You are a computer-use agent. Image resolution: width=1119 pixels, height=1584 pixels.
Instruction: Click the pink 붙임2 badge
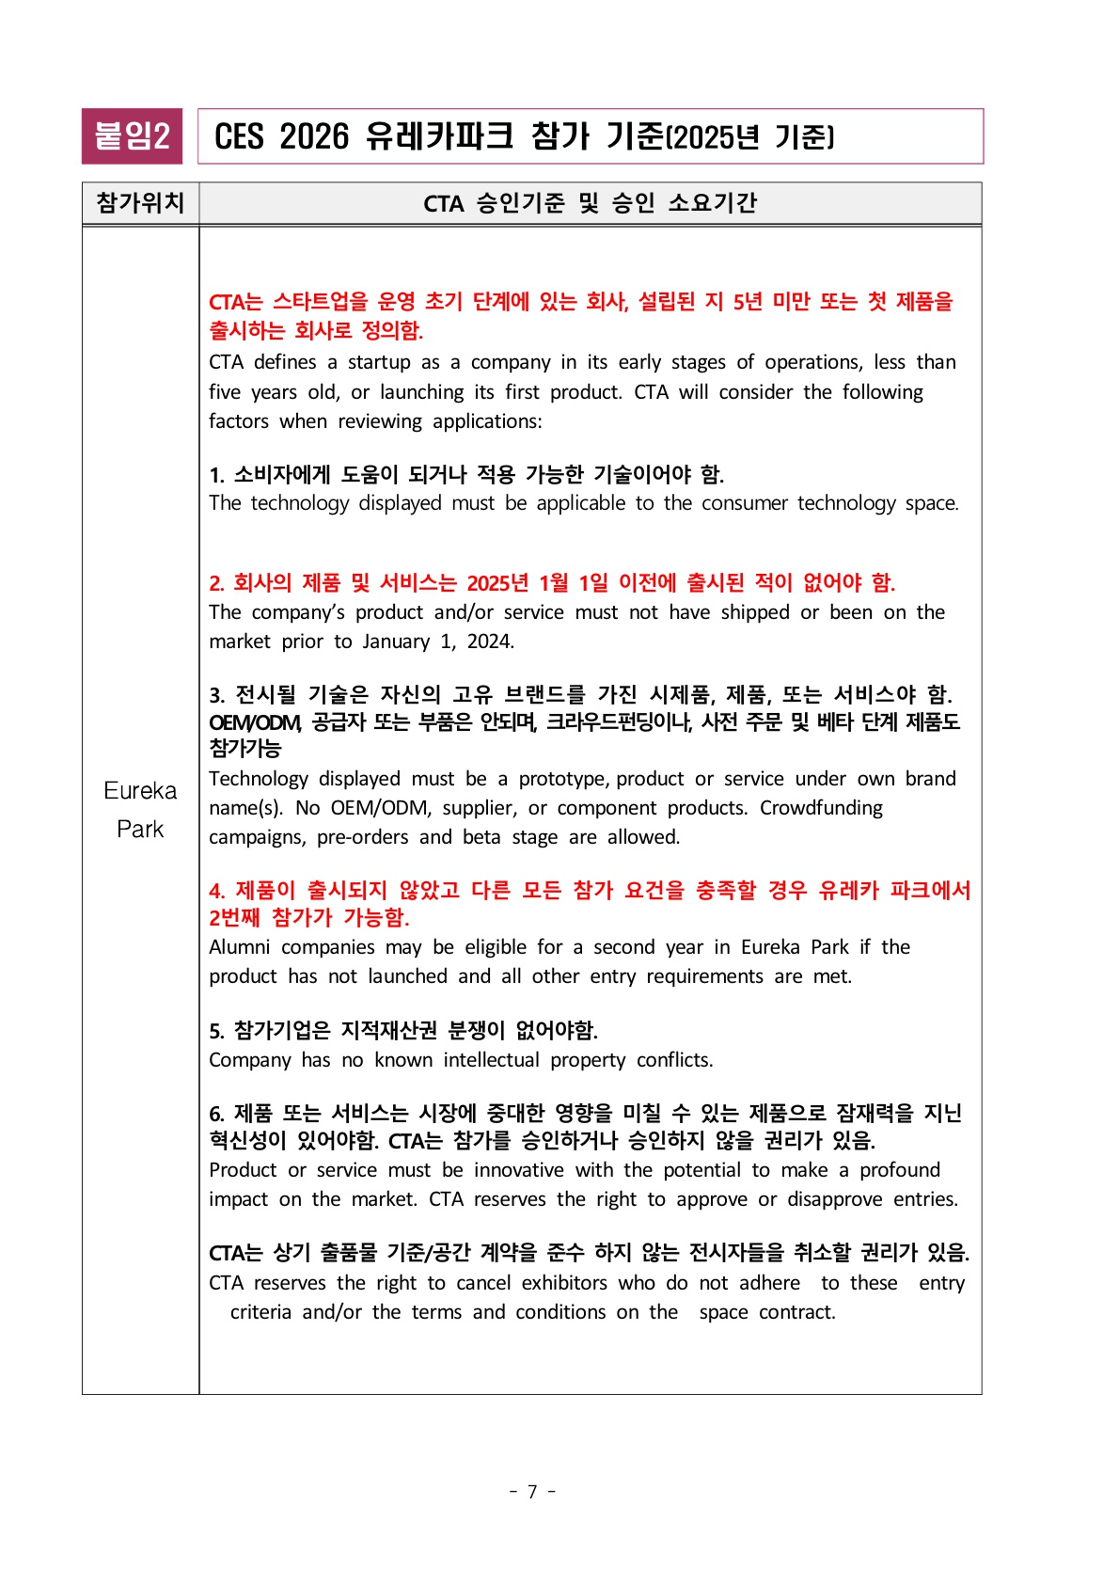[132, 136]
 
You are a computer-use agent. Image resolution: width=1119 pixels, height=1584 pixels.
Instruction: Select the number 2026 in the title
[314, 137]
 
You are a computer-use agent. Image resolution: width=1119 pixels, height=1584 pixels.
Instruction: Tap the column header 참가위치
[140, 203]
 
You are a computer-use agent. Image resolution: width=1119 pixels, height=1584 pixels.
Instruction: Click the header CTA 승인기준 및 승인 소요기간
[590, 203]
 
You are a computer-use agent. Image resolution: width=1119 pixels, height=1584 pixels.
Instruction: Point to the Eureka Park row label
[140, 809]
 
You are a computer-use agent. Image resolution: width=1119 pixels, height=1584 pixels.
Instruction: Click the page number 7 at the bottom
[532, 1492]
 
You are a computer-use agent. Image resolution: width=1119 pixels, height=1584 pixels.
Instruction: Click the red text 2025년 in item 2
[498, 583]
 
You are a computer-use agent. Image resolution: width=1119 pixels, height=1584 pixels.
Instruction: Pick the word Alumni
[240, 947]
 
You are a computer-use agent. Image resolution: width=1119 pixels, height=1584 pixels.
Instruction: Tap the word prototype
[562, 779]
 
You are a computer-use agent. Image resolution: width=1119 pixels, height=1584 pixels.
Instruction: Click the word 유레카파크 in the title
[439, 137]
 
